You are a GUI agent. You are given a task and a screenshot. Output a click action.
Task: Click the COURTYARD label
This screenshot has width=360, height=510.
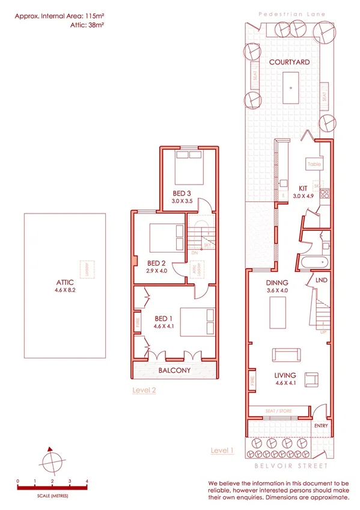289,62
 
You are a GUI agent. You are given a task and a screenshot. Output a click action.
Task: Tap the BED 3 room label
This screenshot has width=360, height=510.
182,193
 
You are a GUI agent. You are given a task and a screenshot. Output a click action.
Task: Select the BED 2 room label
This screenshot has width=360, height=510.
156,263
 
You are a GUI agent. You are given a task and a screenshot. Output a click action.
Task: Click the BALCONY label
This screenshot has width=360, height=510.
174,370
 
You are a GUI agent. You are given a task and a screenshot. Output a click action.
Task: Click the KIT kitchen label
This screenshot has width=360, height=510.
303,188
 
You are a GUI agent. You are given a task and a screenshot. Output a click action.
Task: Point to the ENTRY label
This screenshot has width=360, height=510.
321,426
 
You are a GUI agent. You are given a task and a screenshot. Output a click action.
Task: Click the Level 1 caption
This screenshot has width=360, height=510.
222,450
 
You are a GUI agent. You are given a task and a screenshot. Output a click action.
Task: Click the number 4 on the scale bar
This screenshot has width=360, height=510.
87,481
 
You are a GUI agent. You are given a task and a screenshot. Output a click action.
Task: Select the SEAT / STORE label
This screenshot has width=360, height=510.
278,411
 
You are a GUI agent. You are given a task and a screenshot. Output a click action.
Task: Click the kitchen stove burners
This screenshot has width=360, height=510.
325,194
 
